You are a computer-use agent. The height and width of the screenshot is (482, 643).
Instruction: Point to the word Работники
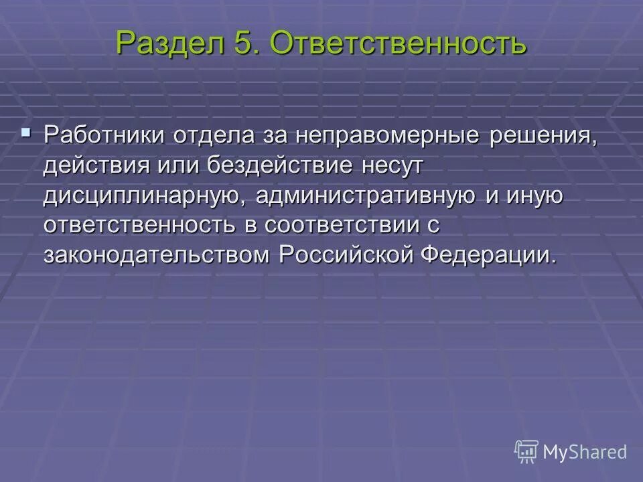(x=105, y=135)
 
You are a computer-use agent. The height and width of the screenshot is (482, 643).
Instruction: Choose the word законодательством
(x=158, y=255)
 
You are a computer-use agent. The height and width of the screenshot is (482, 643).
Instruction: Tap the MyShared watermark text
(x=585, y=452)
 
